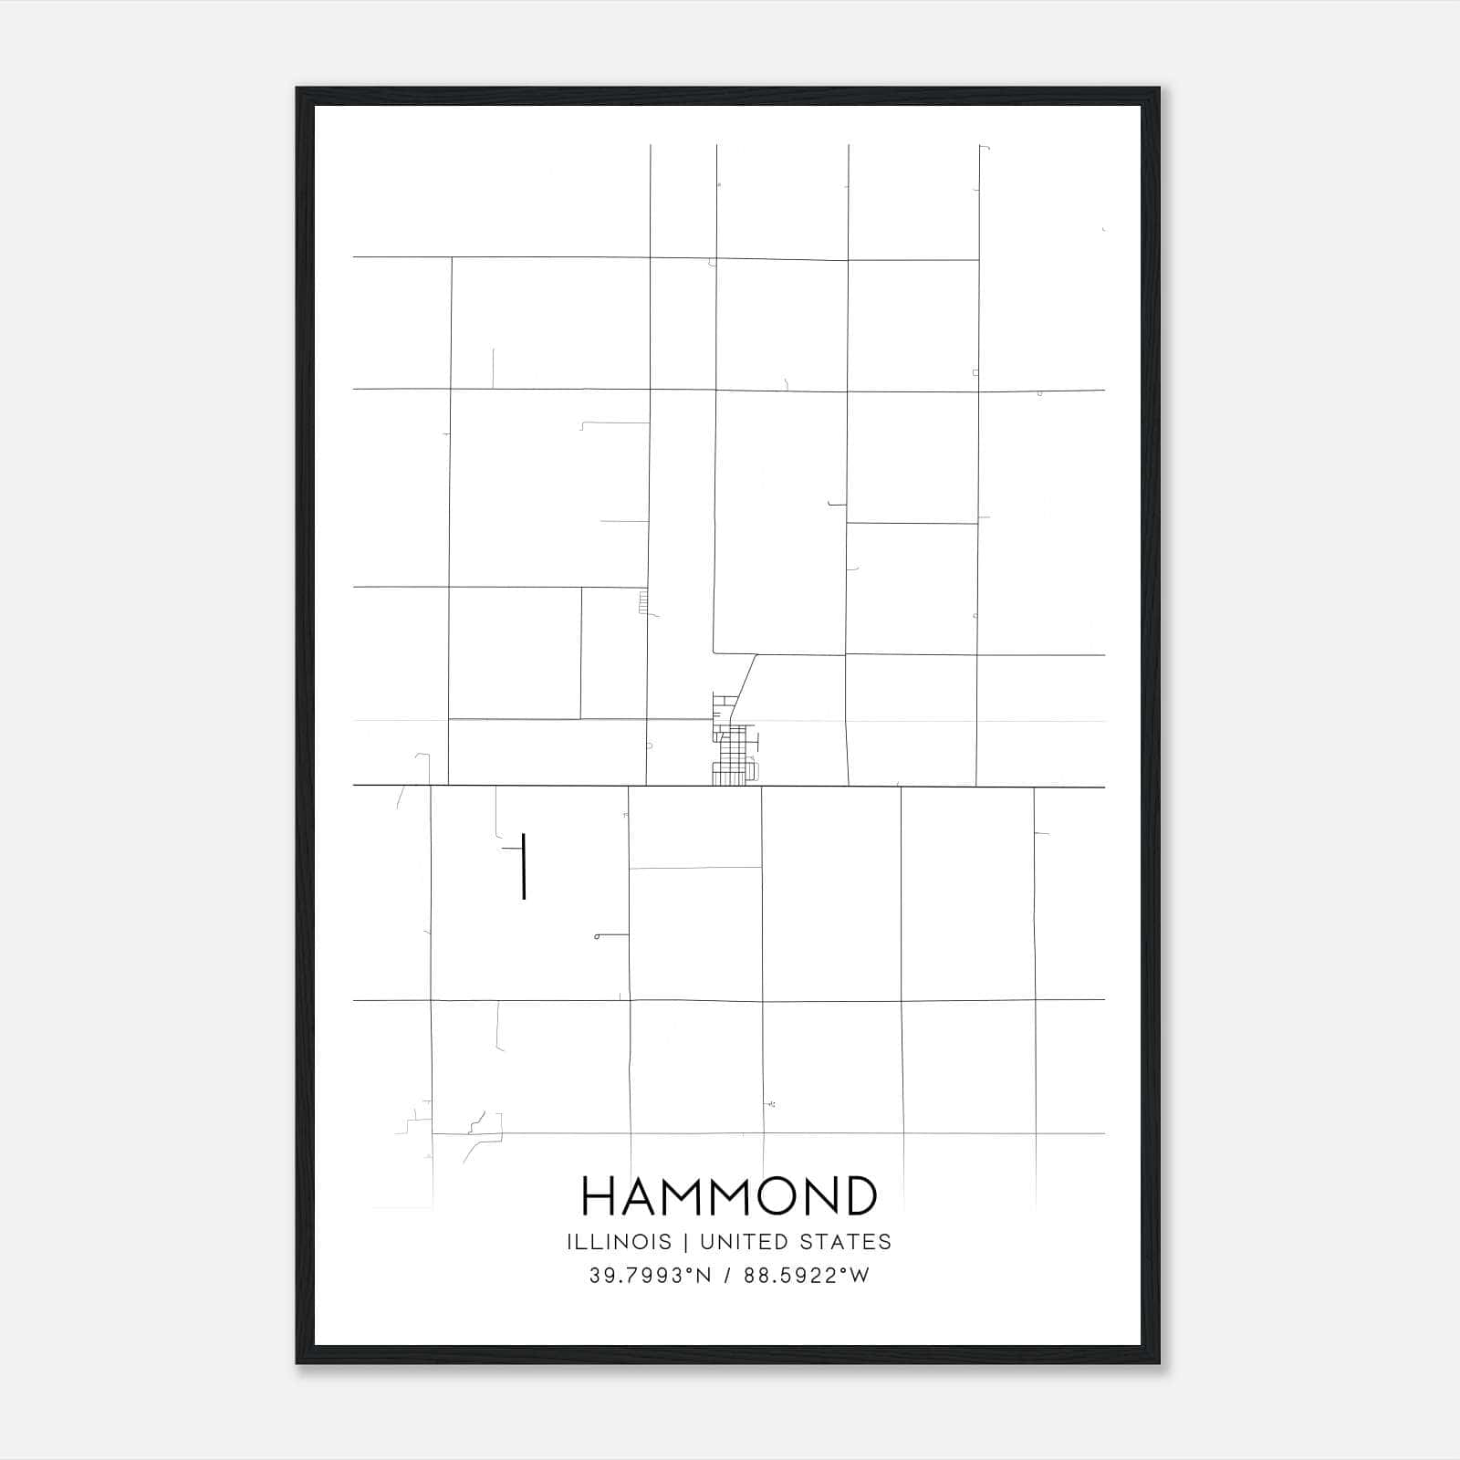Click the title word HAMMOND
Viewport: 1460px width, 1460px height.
coord(729,1196)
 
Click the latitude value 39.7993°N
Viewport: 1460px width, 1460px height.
coord(650,1276)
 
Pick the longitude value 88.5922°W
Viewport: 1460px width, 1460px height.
coord(807,1276)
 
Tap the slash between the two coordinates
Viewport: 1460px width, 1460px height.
coord(727,1276)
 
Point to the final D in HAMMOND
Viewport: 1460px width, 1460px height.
coord(859,1196)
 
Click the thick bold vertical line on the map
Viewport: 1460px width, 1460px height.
coord(524,866)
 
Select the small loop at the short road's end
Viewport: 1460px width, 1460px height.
coord(597,936)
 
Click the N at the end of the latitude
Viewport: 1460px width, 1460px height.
coord(704,1276)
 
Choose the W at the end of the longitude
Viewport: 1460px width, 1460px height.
coord(860,1276)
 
